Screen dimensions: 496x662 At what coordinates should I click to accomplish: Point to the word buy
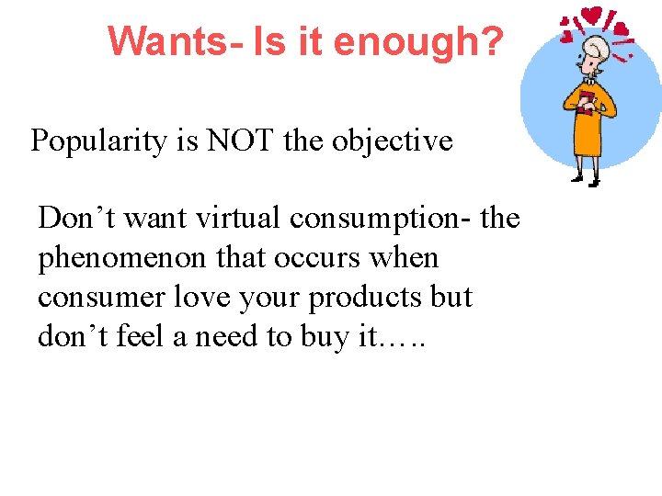[324, 337]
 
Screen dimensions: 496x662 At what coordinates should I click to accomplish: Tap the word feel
[143, 337]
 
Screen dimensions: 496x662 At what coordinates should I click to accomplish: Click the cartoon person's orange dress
[588, 133]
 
